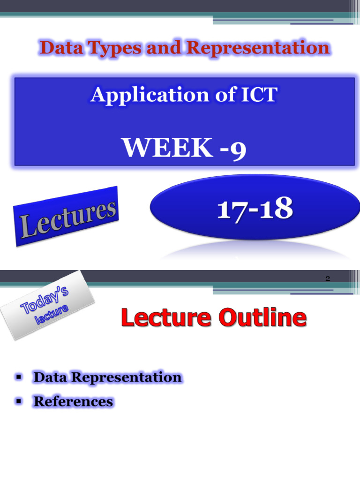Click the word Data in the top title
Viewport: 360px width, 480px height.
coord(57,48)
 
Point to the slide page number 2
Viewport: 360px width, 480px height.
coord(328,279)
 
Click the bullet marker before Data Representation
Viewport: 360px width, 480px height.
coord(19,377)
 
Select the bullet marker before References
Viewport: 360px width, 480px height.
coord(19,401)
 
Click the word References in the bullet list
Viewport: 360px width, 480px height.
coord(73,402)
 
